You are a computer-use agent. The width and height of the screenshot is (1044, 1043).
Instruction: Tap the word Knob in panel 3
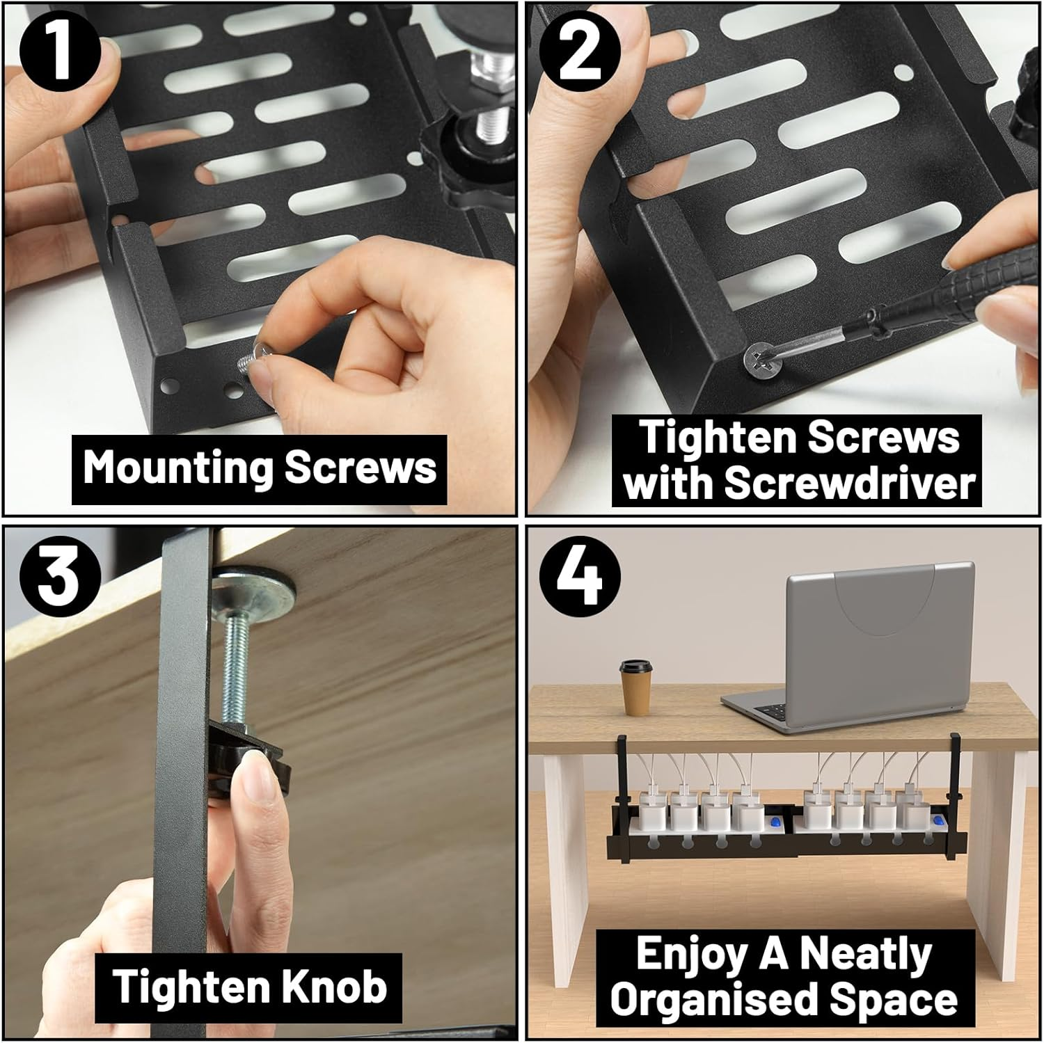coord(335,987)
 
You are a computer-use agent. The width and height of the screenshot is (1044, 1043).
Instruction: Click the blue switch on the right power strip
coord(937,823)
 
